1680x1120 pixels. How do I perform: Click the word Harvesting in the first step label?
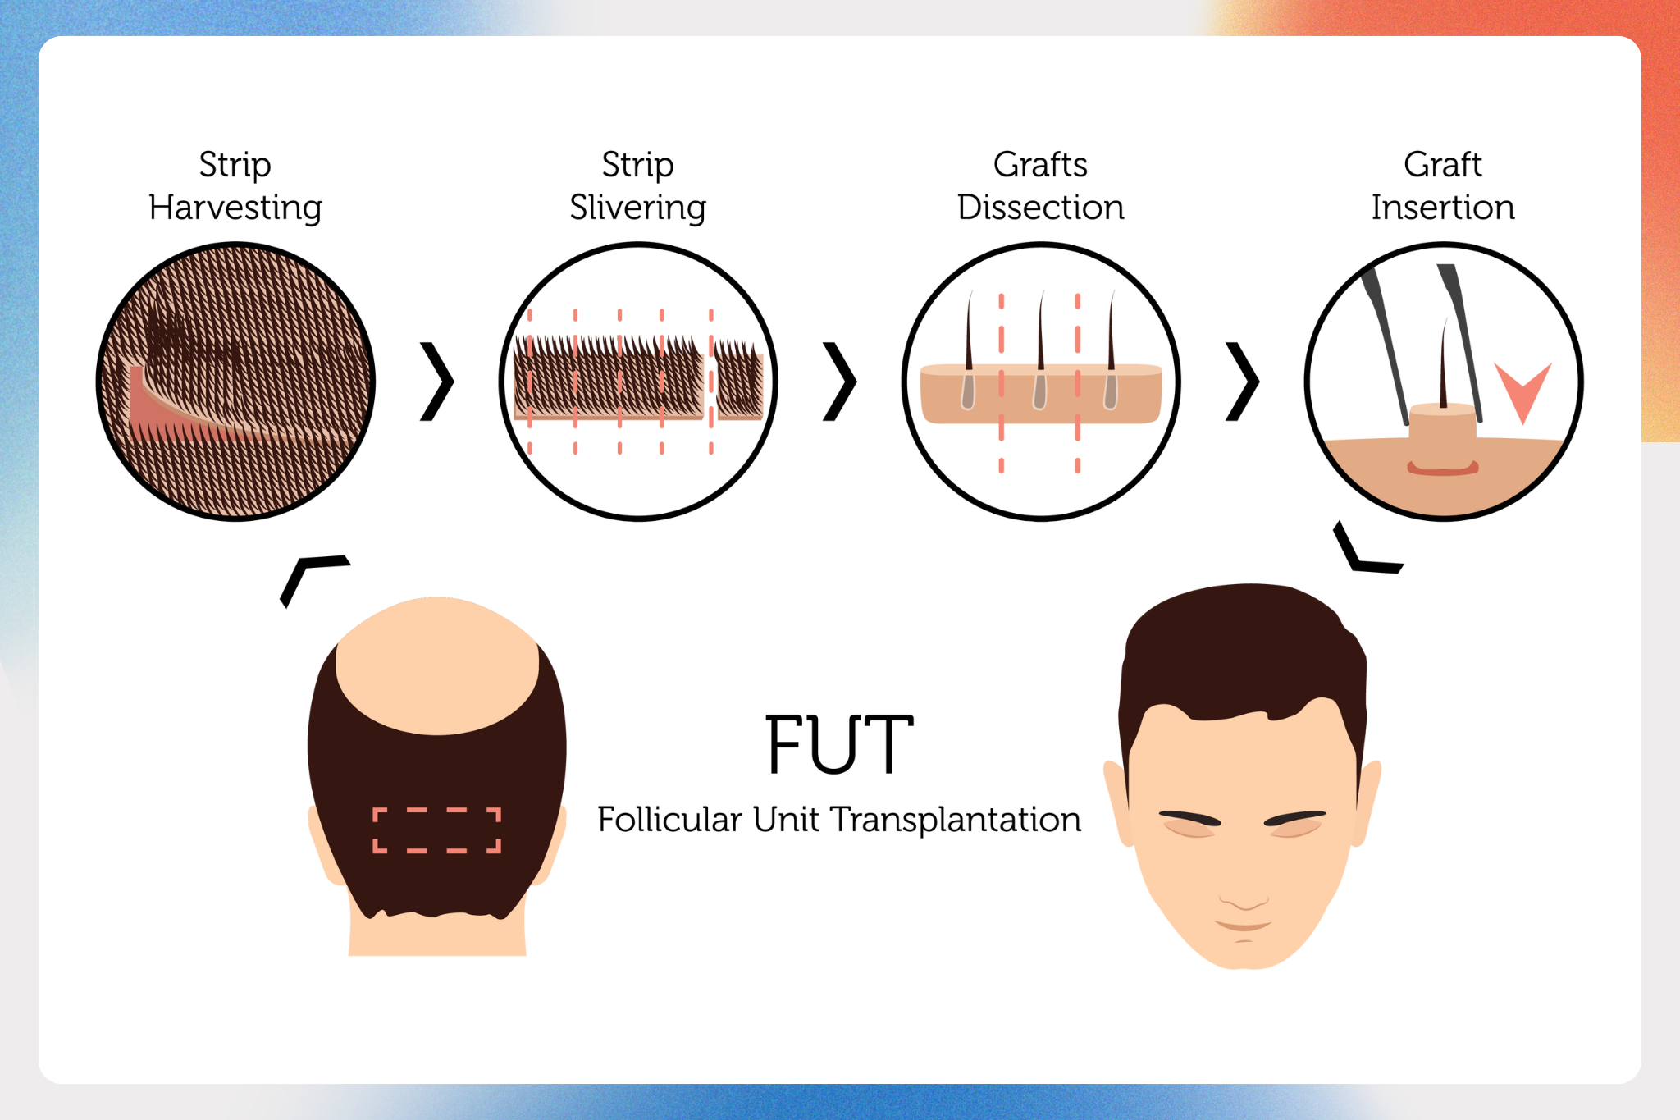235,208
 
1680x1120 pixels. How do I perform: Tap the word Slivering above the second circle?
638,208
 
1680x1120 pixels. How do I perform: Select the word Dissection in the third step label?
1041,208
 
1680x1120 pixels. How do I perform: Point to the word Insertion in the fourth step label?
1444,208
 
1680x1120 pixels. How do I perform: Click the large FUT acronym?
840,744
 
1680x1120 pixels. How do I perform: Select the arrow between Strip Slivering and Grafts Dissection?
840,382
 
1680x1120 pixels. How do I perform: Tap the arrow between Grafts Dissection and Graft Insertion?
1243,382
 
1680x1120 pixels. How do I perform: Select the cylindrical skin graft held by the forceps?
1443,439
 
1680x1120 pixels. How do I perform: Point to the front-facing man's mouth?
1244,926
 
